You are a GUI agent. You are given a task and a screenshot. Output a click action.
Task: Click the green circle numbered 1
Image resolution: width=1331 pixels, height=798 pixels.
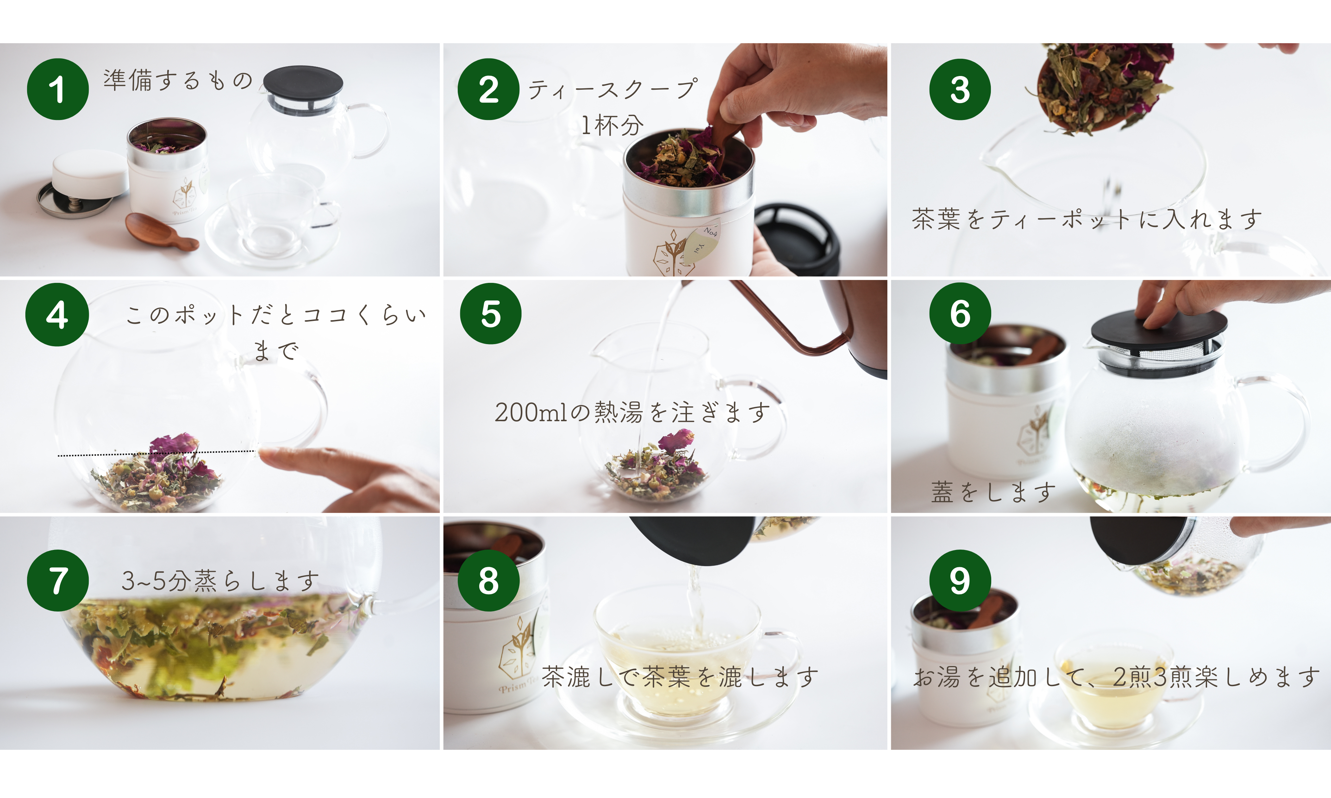57,89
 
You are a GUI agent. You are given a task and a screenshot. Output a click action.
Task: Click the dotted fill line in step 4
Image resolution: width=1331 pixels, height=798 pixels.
156,453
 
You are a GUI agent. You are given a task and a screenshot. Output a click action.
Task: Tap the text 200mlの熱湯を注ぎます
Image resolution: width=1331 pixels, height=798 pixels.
633,412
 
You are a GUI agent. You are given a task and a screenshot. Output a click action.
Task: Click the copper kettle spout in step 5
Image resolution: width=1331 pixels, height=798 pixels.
791,317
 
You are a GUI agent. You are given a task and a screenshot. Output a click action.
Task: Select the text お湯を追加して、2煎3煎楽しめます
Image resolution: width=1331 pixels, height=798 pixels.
1117,677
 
